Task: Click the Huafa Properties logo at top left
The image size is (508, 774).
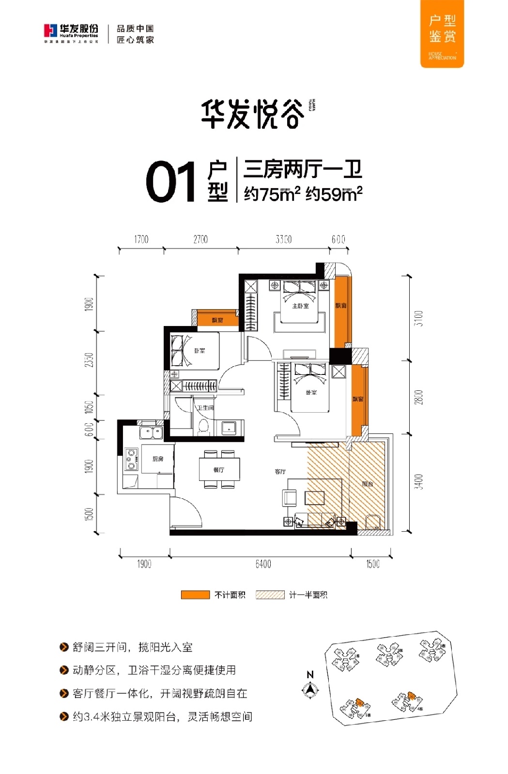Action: [71, 32]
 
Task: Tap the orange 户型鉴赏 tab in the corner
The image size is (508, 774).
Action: [442, 33]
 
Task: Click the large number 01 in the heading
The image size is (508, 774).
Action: [170, 182]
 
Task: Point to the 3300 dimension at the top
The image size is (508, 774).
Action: [283, 239]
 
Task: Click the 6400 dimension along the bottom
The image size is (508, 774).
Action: [263, 564]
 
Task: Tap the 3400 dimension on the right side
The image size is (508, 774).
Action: [419, 482]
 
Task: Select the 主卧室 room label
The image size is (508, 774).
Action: [300, 306]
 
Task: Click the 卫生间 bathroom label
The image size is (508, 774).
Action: [205, 408]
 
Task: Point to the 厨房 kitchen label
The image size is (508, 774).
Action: [158, 459]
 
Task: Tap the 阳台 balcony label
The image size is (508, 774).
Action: [367, 484]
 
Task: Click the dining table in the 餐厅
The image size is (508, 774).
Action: [219, 469]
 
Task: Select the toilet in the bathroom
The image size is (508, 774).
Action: [203, 427]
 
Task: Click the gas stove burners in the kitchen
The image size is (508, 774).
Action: [131, 460]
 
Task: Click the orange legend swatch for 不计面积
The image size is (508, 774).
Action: [195, 595]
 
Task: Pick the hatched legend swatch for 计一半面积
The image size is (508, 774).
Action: [270, 595]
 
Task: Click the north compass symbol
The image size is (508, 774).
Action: [310, 689]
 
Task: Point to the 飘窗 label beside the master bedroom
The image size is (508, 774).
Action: [341, 306]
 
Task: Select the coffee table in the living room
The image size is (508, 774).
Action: [314, 497]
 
